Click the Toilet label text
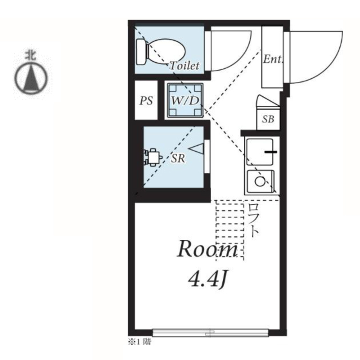(x=184, y=66)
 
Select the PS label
(x=146, y=100)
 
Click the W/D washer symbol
(x=185, y=100)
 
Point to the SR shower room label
(x=178, y=158)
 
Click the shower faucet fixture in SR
(x=153, y=157)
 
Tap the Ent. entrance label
(x=273, y=59)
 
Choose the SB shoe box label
(x=268, y=119)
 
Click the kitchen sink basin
(x=260, y=152)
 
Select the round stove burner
(x=260, y=181)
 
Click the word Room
(x=207, y=249)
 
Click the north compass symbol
(x=31, y=78)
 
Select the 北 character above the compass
(x=31, y=55)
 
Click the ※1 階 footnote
(x=139, y=342)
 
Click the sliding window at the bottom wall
(x=211, y=333)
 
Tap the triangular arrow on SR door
(x=196, y=148)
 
